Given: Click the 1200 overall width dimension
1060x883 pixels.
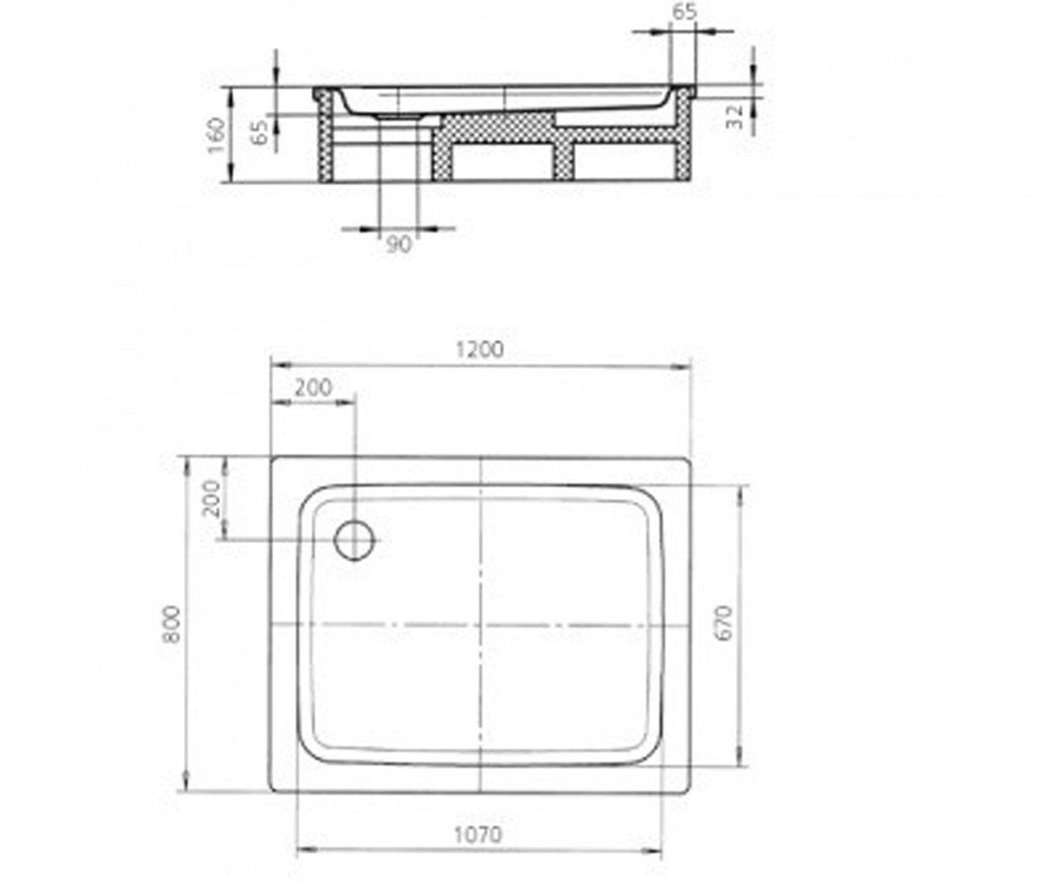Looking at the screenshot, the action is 480,349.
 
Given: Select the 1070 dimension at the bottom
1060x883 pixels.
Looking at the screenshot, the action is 478,834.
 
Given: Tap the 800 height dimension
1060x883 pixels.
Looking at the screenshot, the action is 171,624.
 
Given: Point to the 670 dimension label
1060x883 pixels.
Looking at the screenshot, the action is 724,623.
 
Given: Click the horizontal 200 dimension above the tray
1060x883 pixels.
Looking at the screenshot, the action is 314,388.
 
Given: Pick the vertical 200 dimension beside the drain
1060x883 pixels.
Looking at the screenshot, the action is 212,498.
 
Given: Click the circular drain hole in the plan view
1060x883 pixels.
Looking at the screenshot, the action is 354,540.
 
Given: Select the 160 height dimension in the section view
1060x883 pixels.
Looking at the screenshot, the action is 216,134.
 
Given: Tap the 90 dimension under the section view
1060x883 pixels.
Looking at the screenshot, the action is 398,245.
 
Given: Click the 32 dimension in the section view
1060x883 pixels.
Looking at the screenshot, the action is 734,117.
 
